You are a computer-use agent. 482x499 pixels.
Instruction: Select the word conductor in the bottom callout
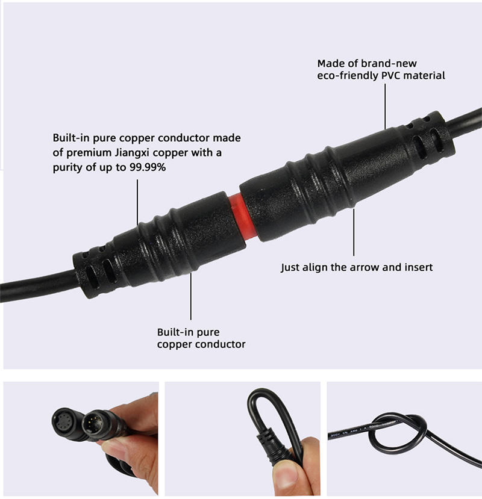click(224, 344)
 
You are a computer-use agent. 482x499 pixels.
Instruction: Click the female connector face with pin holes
click(63, 420)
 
